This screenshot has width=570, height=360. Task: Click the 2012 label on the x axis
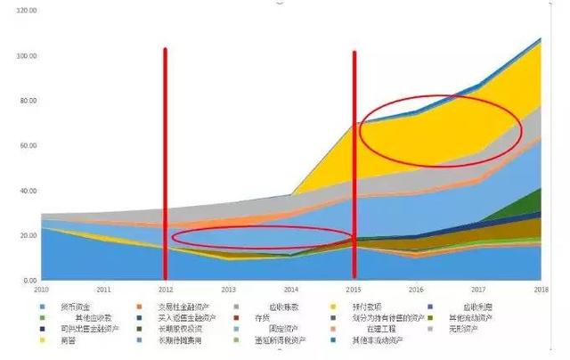coord(166,290)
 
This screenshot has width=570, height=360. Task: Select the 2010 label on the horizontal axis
coord(41,290)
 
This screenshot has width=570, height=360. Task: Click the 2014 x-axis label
coord(290,290)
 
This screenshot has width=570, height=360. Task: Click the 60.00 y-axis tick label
coord(27,145)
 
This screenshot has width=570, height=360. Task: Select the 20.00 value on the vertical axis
coord(27,235)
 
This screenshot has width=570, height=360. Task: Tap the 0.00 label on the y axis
coord(29,281)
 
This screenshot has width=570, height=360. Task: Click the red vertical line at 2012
coord(165,160)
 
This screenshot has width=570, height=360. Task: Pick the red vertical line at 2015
coord(354,160)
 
